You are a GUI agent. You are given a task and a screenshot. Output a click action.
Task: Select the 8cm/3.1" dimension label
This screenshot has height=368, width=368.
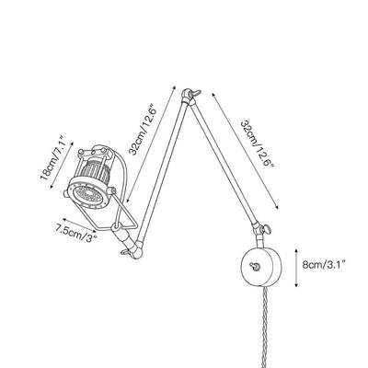325,264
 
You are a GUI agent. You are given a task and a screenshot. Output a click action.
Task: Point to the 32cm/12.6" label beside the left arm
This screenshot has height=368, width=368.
143,130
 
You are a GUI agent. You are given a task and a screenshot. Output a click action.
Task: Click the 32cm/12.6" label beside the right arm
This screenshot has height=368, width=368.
257,144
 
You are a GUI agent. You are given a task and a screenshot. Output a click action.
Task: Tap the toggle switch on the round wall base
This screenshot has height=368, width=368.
255,266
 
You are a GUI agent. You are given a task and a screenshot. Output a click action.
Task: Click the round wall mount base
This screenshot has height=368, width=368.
261,266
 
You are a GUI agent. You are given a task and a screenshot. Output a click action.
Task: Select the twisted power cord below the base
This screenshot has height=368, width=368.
266,327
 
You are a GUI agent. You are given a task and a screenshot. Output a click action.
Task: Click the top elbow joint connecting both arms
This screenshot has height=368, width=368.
189,96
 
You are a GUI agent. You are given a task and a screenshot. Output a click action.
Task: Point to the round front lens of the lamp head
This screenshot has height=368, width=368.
87,193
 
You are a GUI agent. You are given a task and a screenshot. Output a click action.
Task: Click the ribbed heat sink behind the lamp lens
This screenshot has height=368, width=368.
95,172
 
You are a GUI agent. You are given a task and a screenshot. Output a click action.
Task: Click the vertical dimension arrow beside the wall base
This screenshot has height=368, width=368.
296,269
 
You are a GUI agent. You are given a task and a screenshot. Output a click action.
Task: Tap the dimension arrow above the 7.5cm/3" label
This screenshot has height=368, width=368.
79,225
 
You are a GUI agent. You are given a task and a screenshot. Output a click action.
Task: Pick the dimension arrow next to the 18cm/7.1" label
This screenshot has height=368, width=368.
62,165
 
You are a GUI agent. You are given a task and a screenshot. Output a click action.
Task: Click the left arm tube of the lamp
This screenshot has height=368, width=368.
161,172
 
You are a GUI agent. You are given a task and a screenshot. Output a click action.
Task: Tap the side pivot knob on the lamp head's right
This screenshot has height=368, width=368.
111,191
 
